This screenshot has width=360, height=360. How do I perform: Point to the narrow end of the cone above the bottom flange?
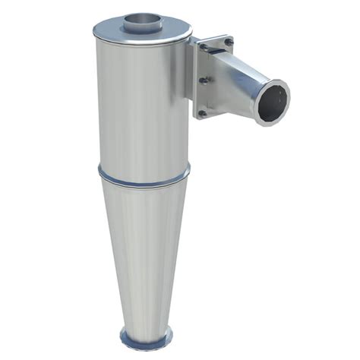coord(145,319)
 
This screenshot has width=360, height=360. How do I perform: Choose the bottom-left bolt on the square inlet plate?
coord(202,113)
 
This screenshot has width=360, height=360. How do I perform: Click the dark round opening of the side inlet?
coord(273,103)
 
